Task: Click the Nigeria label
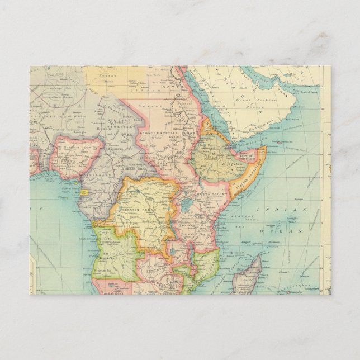tap(72, 157)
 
